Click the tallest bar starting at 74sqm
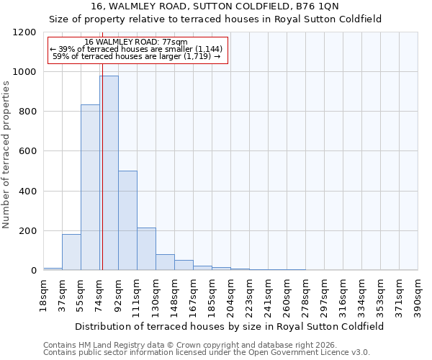click(109, 173)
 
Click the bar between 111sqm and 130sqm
click(146, 249)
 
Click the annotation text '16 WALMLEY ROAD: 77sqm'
click(136, 42)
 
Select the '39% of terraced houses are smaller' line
click(136, 49)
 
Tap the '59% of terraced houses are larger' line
click(136, 56)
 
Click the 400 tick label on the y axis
click(28, 192)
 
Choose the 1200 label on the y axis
click(25, 32)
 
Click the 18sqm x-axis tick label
click(43, 293)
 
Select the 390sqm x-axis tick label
click(418, 294)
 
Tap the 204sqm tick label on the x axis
click(230, 294)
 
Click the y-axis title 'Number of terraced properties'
click(6, 155)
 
